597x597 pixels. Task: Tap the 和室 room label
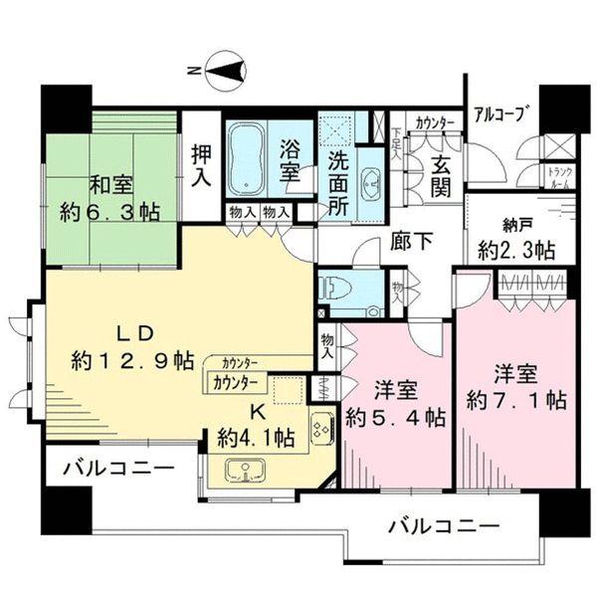(113, 184)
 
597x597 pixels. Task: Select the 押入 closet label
(202, 165)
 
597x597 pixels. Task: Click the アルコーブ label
(499, 112)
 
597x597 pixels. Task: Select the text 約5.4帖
(395, 418)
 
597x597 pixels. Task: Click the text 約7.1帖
(516, 400)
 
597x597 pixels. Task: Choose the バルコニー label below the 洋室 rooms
(444, 525)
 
